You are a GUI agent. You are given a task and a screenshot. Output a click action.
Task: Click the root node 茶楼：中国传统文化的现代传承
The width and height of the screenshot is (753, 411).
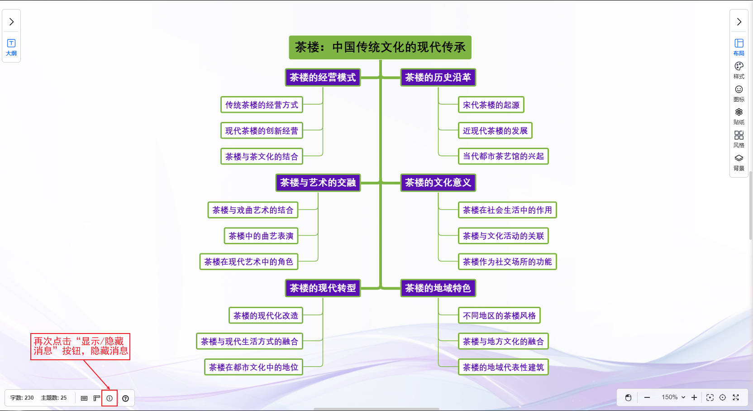[x=380, y=48]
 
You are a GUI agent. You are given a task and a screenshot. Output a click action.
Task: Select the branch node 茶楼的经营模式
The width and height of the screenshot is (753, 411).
[x=323, y=77]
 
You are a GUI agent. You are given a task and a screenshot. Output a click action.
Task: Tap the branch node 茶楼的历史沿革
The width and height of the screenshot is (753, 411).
[x=438, y=77]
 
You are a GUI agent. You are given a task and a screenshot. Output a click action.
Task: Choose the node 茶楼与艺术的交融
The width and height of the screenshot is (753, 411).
[x=318, y=183]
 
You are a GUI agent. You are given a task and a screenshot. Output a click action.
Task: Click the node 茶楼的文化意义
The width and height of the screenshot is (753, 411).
[x=438, y=183]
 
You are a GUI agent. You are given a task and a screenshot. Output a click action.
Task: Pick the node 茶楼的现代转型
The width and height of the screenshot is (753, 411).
[x=323, y=288]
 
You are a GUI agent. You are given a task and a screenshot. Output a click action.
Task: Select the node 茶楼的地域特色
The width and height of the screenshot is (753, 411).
[x=438, y=288]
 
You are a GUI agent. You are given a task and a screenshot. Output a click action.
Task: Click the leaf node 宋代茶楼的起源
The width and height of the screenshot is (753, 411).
[x=491, y=105]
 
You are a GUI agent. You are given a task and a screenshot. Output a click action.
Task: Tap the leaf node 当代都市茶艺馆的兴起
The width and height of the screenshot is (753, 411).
[x=503, y=156]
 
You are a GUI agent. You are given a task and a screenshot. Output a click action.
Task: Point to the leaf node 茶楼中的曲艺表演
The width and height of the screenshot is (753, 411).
[x=261, y=236]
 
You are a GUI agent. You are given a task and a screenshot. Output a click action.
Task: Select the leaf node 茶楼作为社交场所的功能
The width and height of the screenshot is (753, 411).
[x=507, y=262]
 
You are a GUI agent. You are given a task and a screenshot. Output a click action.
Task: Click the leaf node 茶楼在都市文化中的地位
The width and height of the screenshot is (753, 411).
[x=253, y=367]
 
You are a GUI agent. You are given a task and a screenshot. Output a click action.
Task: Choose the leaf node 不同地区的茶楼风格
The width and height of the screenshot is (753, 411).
[x=499, y=316]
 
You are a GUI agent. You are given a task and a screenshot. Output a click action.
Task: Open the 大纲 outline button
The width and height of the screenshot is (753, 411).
[x=11, y=47]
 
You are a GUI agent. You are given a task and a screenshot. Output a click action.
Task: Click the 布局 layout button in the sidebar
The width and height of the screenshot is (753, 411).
[x=739, y=47]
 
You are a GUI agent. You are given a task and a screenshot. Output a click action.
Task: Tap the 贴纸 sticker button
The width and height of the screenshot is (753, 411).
[x=739, y=116]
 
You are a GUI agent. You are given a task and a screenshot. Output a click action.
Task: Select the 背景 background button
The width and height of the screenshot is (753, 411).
[x=739, y=162]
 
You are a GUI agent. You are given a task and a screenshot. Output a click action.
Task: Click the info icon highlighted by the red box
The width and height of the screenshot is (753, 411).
[x=110, y=398]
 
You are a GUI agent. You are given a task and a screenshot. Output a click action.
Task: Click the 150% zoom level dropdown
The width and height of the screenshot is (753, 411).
[x=673, y=397]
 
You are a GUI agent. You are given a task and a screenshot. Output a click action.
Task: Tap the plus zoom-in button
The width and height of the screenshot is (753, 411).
[x=694, y=397]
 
